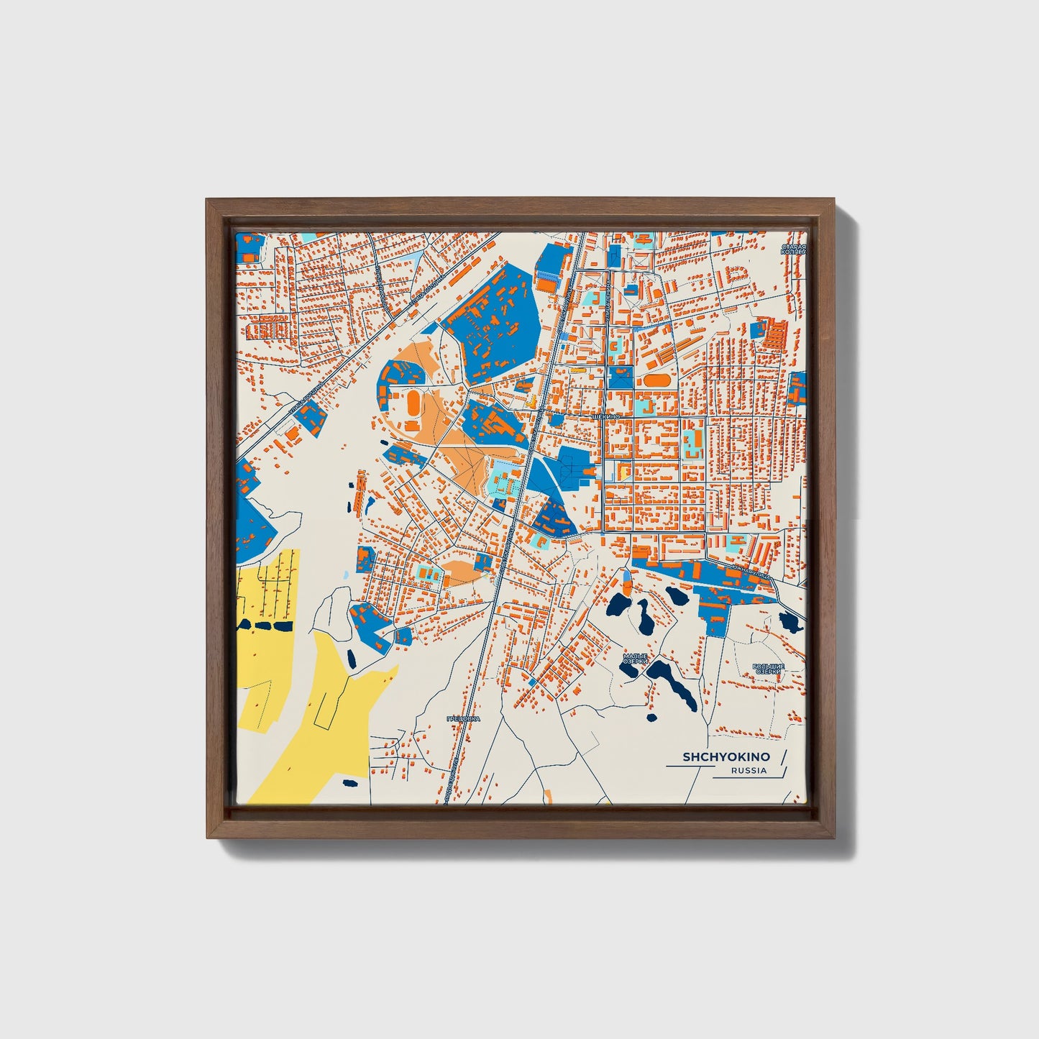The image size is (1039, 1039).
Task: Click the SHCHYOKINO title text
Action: click(x=726, y=756)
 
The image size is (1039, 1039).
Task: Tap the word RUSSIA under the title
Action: click(x=749, y=771)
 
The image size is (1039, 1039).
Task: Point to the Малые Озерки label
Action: click(x=636, y=659)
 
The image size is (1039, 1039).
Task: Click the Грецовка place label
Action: click(x=462, y=718)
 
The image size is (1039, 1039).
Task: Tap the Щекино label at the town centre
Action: click(x=605, y=416)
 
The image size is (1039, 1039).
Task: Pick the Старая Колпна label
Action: click(x=794, y=250)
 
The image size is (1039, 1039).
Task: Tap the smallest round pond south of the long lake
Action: click(x=651, y=717)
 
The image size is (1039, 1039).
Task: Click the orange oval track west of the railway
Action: click(x=414, y=405)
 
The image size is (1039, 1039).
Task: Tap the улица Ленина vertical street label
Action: click(x=609, y=302)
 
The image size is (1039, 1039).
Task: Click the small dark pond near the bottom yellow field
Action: click(x=350, y=783)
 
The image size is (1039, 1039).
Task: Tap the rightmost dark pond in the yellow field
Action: click(x=283, y=626)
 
